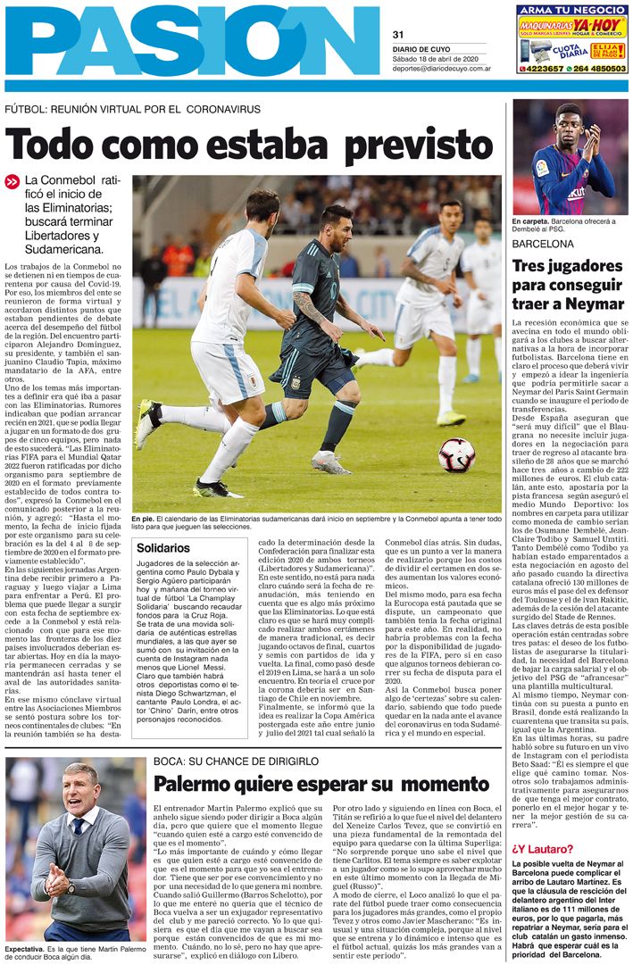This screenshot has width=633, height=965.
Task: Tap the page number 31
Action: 398,34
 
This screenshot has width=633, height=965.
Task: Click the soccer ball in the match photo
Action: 456,454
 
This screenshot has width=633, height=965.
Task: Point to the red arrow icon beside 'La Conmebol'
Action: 12,181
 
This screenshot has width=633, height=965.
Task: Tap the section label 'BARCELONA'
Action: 543,243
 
